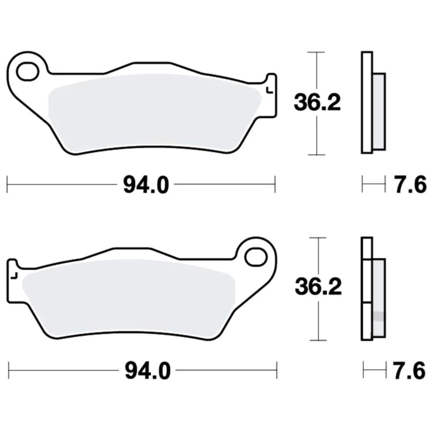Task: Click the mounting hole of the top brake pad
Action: [x=27, y=72]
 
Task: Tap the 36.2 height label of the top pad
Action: [x=317, y=103]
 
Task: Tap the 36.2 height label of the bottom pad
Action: [x=318, y=287]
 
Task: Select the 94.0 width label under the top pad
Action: [x=146, y=185]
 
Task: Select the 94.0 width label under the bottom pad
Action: [x=148, y=371]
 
